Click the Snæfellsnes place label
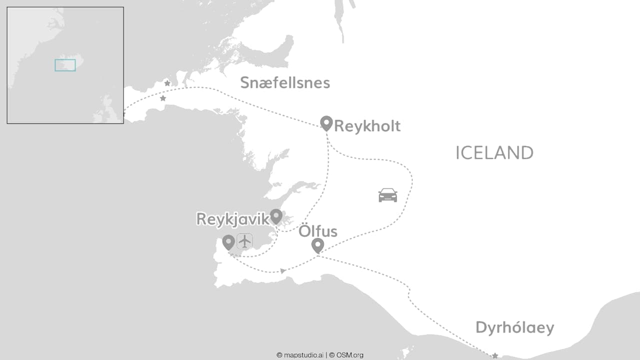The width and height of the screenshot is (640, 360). click(x=285, y=82)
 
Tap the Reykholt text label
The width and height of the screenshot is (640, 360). click(x=367, y=126)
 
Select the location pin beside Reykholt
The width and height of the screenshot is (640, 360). click(x=326, y=122)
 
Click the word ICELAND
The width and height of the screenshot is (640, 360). click(x=494, y=153)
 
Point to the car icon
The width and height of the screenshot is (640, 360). click(x=387, y=195)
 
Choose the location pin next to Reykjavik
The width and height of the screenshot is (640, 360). click(x=276, y=216)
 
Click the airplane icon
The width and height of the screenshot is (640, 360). click(x=244, y=241)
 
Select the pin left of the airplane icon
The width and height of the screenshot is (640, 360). click(x=228, y=242)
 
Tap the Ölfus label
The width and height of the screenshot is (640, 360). click(x=318, y=231)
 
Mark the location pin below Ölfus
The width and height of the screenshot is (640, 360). click(x=317, y=245)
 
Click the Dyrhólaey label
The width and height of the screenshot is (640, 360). click(x=514, y=328)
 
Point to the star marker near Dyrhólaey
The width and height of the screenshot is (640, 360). click(x=495, y=355)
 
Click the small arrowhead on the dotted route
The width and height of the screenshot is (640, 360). click(x=283, y=271)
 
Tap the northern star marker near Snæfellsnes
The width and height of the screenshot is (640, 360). click(x=167, y=83)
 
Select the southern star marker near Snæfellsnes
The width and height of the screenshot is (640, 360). click(x=162, y=98)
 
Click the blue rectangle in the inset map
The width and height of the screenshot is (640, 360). click(x=65, y=65)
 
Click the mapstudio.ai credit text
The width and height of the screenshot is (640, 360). click(x=299, y=355)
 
